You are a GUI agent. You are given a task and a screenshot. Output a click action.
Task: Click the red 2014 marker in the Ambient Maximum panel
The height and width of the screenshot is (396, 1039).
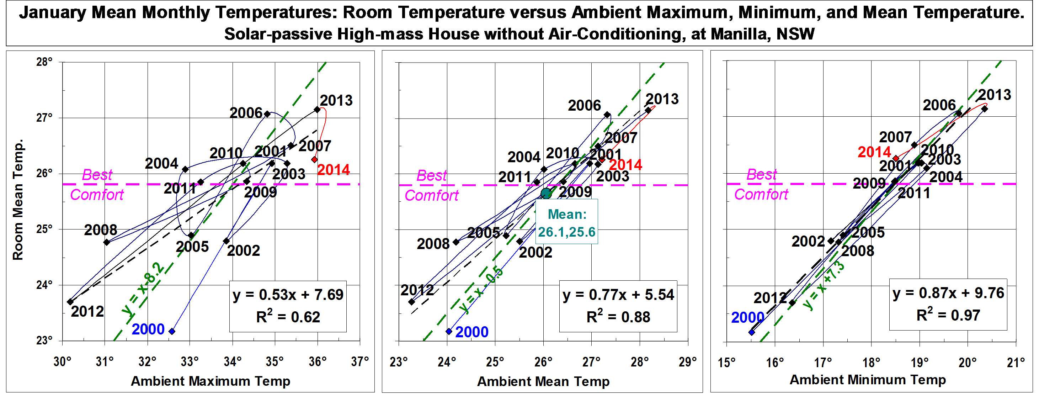click(314, 159)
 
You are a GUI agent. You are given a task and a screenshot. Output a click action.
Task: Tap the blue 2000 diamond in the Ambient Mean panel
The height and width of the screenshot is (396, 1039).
click(449, 331)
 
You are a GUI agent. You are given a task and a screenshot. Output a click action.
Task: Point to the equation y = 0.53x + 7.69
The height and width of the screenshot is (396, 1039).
click(288, 295)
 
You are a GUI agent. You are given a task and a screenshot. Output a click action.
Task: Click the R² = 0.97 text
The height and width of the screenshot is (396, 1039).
click(948, 315)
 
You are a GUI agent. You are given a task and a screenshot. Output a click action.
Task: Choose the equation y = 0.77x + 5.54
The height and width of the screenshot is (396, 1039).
click(618, 295)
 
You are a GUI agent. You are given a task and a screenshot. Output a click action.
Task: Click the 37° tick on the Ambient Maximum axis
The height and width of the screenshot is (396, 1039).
click(360, 361)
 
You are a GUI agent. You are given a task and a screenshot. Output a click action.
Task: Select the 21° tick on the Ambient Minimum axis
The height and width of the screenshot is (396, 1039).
click(1016, 363)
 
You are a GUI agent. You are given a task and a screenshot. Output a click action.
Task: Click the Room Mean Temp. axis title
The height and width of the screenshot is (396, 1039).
click(18, 200)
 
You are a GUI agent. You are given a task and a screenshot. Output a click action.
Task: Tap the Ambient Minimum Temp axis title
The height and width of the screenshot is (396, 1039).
click(868, 380)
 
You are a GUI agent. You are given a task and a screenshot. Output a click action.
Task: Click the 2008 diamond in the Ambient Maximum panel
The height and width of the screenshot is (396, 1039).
click(106, 242)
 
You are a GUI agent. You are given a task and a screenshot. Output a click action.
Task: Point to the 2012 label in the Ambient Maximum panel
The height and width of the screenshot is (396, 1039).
click(87, 312)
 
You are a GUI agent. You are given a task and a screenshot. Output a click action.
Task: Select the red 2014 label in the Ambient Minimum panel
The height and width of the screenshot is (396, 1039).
click(874, 152)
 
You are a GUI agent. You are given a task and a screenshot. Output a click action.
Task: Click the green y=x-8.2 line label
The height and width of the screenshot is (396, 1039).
click(144, 287)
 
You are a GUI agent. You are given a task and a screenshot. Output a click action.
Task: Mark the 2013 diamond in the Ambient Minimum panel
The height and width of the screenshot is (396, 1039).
click(985, 109)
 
